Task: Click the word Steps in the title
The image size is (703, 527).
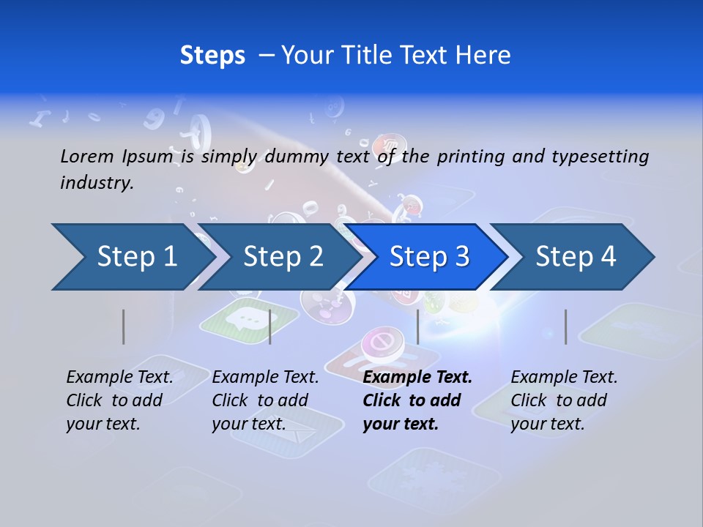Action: (x=212, y=56)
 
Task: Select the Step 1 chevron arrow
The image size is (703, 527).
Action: (x=132, y=257)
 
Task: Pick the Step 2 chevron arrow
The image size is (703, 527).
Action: (x=282, y=257)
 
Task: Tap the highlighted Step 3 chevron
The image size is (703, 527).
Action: (x=428, y=257)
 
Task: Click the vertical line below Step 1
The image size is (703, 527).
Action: (x=124, y=326)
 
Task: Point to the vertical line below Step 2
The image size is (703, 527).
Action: (x=270, y=326)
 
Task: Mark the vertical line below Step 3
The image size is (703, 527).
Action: (x=417, y=326)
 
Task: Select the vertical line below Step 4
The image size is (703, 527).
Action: (x=565, y=326)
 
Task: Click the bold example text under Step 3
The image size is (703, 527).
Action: (x=416, y=400)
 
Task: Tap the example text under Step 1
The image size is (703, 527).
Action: (x=119, y=400)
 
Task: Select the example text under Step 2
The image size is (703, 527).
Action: (x=264, y=400)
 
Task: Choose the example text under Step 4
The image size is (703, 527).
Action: (x=563, y=400)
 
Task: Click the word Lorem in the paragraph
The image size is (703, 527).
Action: (x=87, y=156)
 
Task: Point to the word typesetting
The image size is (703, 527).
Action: (x=600, y=157)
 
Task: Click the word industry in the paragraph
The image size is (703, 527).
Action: (x=96, y=183)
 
